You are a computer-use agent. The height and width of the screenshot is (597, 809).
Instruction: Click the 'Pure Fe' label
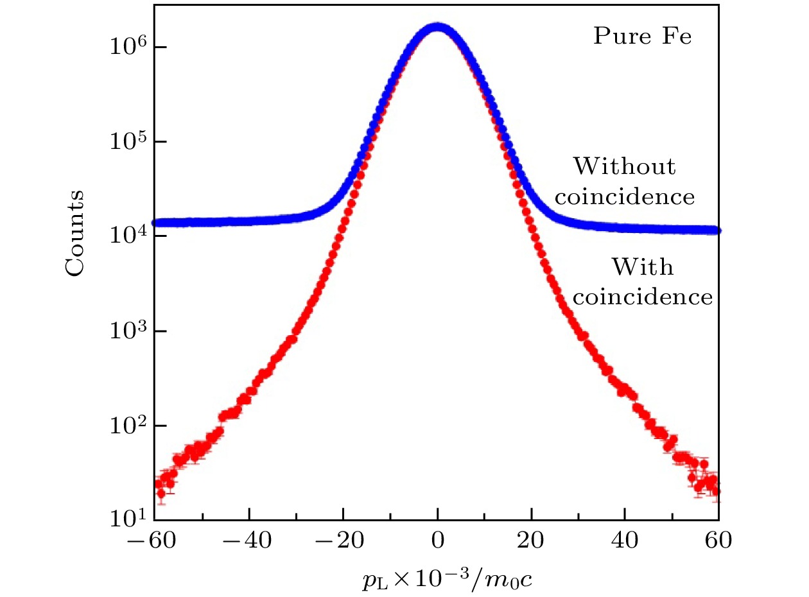tap(642, 37)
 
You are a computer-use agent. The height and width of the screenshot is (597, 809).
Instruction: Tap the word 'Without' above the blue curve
tap(624, 167)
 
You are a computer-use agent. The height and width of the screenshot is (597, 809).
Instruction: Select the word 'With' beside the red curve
tap(642, 266)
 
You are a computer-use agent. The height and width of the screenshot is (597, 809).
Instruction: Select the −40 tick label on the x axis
tap(241, 542)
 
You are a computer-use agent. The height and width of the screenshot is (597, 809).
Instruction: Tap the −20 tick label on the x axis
tap(336, 542)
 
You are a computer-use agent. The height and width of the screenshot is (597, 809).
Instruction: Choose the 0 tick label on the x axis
tap(437, 542)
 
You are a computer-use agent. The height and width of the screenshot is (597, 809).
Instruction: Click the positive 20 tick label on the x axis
tap(531, 542)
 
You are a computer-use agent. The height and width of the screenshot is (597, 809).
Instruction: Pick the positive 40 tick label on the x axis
tap(625, 542)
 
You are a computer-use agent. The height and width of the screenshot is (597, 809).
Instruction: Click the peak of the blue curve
tap(437, 27)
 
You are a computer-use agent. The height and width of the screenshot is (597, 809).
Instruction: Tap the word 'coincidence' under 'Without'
tap(624, 196)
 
